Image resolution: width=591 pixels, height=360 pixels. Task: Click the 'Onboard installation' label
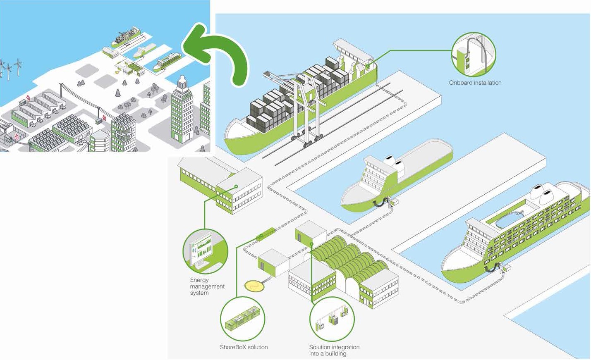pos(475,83)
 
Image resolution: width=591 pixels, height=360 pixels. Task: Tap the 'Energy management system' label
pos(207,286)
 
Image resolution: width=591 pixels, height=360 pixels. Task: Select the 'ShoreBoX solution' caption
pos(244,347)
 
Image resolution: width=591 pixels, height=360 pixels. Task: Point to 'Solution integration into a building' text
pos(334,350)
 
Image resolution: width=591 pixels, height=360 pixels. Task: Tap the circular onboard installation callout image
pos(474,55)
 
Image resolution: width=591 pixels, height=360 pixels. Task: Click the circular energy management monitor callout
pos(205,251)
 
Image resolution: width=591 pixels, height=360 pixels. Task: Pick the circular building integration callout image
pos(332,319)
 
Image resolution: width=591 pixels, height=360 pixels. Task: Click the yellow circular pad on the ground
pos(253,285)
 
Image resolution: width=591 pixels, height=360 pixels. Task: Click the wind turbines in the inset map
pos(10,69)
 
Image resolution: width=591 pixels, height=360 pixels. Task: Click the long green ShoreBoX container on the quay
pos(266,235)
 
